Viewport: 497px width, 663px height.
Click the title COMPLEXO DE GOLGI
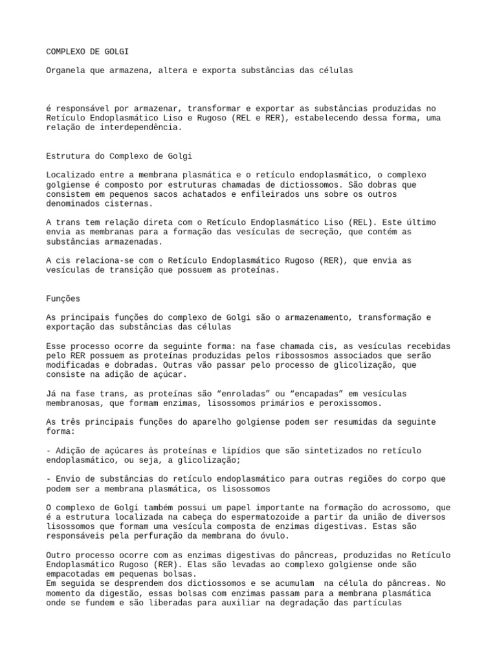91,51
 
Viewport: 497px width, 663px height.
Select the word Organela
68,71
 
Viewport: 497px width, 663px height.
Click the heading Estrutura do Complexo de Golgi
120,156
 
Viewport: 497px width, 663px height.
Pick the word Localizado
71,175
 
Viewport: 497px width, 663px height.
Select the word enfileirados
272,194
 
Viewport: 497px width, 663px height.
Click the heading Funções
63,298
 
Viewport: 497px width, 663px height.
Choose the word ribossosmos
283,355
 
